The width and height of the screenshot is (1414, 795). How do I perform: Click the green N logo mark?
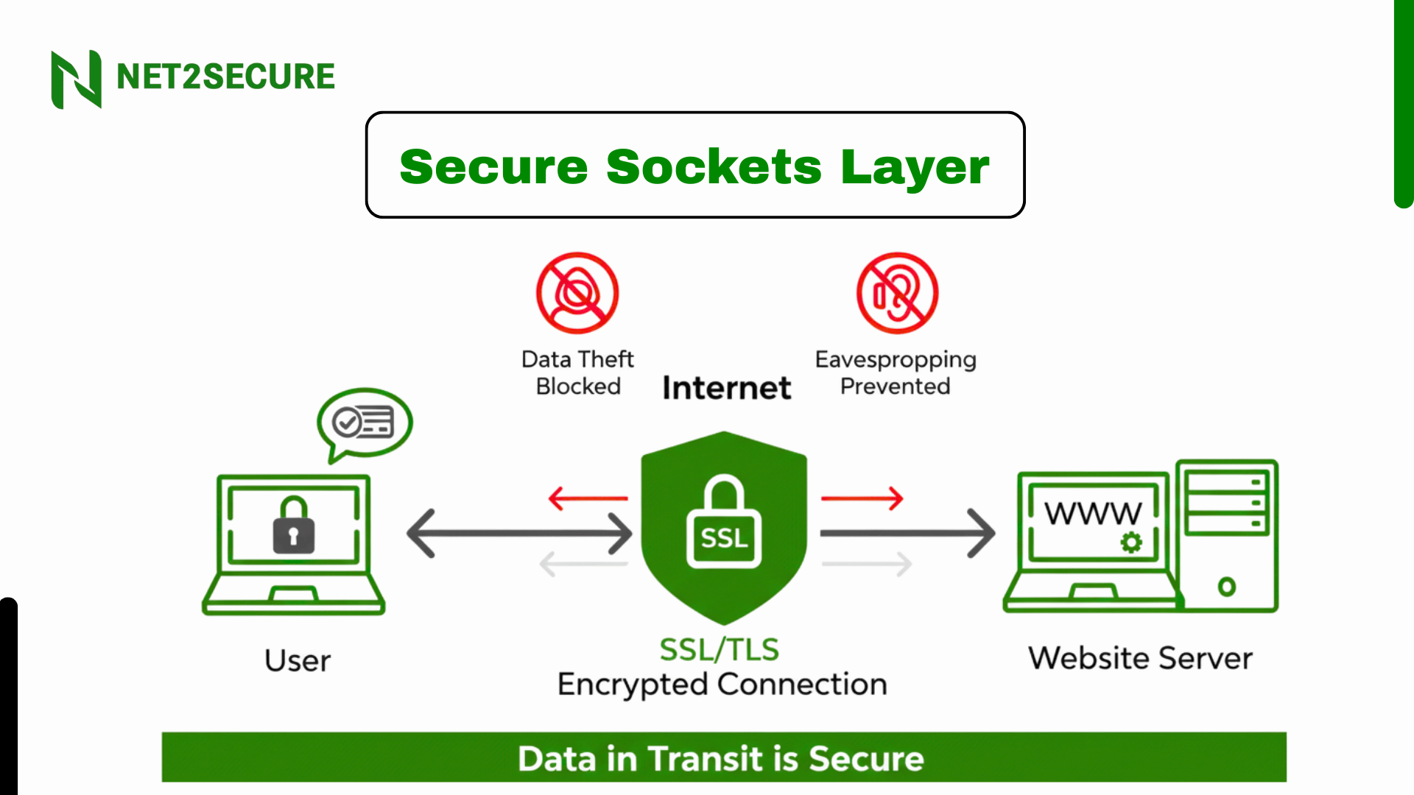(76, 79)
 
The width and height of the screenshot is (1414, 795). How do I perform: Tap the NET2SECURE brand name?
(225, 77)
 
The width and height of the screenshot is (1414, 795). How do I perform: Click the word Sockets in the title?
(713, 166)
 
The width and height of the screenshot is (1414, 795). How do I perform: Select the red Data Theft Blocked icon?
(577, 293)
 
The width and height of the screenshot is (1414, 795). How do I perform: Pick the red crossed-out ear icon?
(897, 293)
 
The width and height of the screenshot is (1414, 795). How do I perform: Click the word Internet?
(726, 388)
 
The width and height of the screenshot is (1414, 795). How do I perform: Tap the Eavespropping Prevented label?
(896, 372)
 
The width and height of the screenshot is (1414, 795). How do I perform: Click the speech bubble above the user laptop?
(365, 423)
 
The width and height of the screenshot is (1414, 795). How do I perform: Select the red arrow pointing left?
(588, 498)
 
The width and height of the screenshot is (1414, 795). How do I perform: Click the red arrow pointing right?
(862, 498)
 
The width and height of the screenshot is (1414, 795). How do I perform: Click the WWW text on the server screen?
(1093, 513)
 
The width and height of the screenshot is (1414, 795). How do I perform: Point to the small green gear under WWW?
(1131, 543)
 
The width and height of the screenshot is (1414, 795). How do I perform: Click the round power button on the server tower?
(1226, 587)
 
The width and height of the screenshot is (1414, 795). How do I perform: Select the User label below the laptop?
(298, 660)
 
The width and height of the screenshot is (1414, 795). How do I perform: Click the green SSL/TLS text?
(719, 650)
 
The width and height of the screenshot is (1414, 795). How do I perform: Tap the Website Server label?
(1140, 658)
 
